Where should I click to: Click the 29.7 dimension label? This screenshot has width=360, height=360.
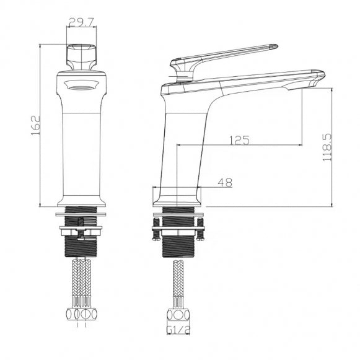click(x=81, y=22)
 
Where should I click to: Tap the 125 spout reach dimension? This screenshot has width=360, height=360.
click(x=239, y=140)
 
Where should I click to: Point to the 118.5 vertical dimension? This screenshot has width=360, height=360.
click(x=327, y=147)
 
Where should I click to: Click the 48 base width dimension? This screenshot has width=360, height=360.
click(x=225, y=183)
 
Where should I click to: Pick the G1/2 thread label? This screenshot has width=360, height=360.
click(x=178, y=330)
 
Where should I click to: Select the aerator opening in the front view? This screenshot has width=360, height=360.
click(x=82, y=87)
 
